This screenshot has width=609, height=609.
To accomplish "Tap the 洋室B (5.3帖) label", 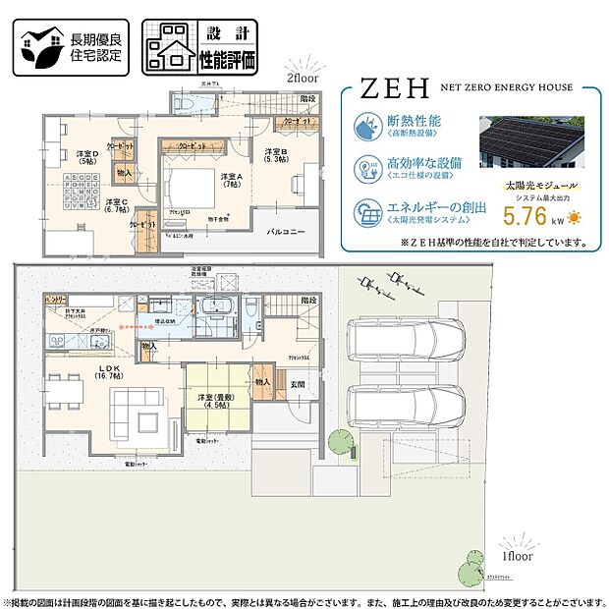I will click(275, 156).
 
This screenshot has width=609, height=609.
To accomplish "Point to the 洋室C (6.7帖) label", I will click(119, 206).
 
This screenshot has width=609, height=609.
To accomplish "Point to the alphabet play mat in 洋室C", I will click(83, 191).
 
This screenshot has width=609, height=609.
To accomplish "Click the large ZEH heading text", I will click(392, 90).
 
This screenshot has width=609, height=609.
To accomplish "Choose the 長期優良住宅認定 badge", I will click(69, 47).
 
